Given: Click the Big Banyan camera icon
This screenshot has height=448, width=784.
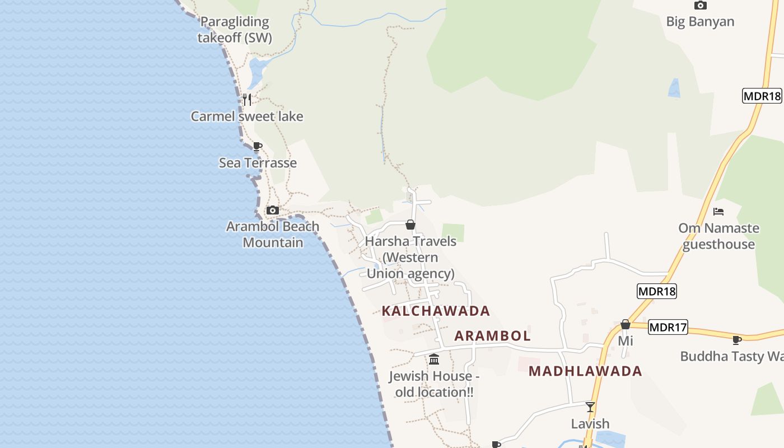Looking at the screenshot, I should click(700, 6).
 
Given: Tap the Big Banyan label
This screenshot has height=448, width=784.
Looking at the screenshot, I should click(700, 22).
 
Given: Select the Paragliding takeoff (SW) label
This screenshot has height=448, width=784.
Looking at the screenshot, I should click(235, 30).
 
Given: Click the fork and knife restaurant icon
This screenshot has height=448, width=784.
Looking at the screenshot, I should click(246, 100).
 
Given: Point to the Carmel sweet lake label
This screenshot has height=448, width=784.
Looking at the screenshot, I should click(247, 116).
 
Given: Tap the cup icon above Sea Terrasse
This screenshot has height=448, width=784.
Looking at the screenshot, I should click(258, 147).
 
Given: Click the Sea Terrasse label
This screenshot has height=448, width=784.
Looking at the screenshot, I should click(258, 163).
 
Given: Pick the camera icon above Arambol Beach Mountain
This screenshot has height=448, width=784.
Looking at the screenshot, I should click(273, 211).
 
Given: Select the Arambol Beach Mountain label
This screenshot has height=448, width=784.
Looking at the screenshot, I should click(273, 235).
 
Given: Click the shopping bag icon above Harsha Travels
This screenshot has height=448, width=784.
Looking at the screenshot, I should click(410, 225).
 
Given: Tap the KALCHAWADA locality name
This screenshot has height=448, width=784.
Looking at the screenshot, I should click(436, 311).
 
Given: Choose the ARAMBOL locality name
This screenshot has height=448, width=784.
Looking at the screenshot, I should click(492, 336).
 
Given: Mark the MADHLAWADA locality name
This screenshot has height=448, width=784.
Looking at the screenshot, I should click(585, 371).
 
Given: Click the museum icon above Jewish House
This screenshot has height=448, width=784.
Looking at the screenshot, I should click(434, 359).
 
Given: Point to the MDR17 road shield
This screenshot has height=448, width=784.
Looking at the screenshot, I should click(668, 327).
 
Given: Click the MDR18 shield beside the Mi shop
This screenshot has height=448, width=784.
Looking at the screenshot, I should click(657, 291).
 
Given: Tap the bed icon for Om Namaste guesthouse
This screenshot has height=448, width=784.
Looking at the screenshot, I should click(718, 212).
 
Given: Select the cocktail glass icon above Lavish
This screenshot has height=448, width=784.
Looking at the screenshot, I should click(590, 407).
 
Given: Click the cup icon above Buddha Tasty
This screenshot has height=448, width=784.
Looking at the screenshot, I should click(737, 340).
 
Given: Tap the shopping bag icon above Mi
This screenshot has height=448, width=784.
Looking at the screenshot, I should click(626, 324).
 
